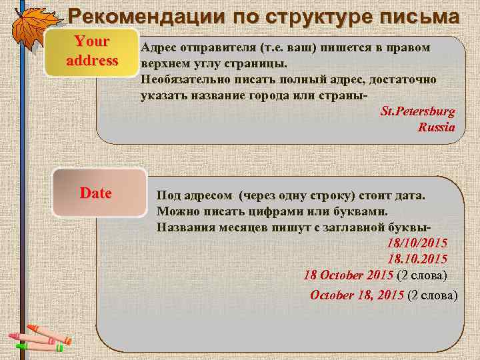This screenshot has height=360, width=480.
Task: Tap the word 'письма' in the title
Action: [417, 15]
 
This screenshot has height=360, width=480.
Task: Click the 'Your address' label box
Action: [92, 51]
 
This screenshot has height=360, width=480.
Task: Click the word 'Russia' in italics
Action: [436, 127]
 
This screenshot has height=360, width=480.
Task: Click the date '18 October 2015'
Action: [348, 275]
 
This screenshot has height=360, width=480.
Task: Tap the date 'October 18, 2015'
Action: [357, 295]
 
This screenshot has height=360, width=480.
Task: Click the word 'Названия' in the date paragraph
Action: [184, 227]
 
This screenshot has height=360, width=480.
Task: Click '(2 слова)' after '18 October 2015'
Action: [421, 275]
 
